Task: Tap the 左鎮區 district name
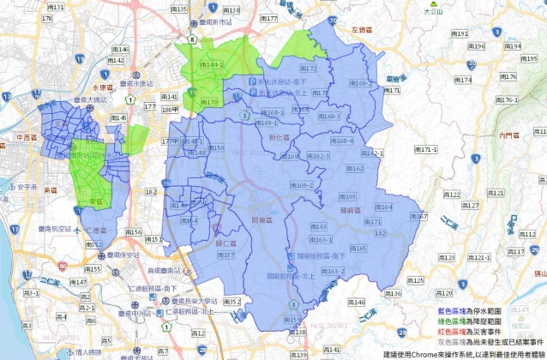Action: [x=363, y=29]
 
